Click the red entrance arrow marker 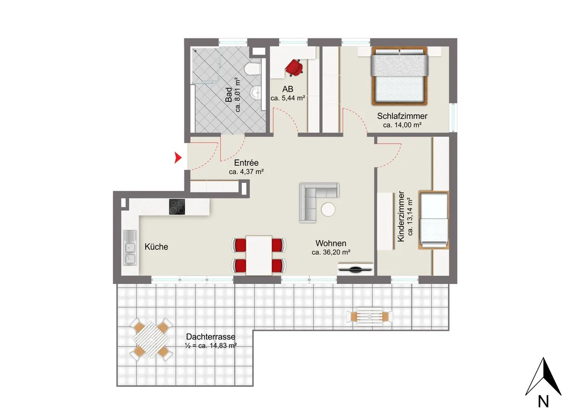point(177,158)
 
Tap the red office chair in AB point(294,68)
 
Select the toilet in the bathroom point(253,69)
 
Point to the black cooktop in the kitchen point(177,207)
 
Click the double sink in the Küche point(130,248)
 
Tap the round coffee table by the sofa point(328,209)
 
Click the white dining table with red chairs point(259,255)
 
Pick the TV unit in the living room point(355,268)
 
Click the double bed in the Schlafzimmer point(400,76)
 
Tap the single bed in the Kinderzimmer point(434,220)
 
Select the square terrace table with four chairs point(151,340)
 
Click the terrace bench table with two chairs point(370,317)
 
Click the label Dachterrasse point(211,337)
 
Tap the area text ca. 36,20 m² point(331,252)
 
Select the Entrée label point(246,163)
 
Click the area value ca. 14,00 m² point(402,125)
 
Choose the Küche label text point(156,246)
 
